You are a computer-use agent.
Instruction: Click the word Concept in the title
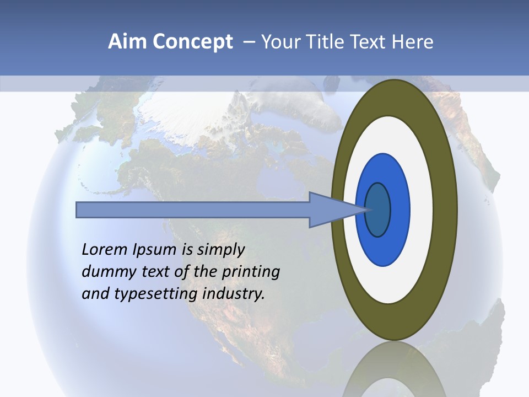click(x=192, y=42)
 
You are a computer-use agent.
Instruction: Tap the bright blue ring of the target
click(x=399, y=210)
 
